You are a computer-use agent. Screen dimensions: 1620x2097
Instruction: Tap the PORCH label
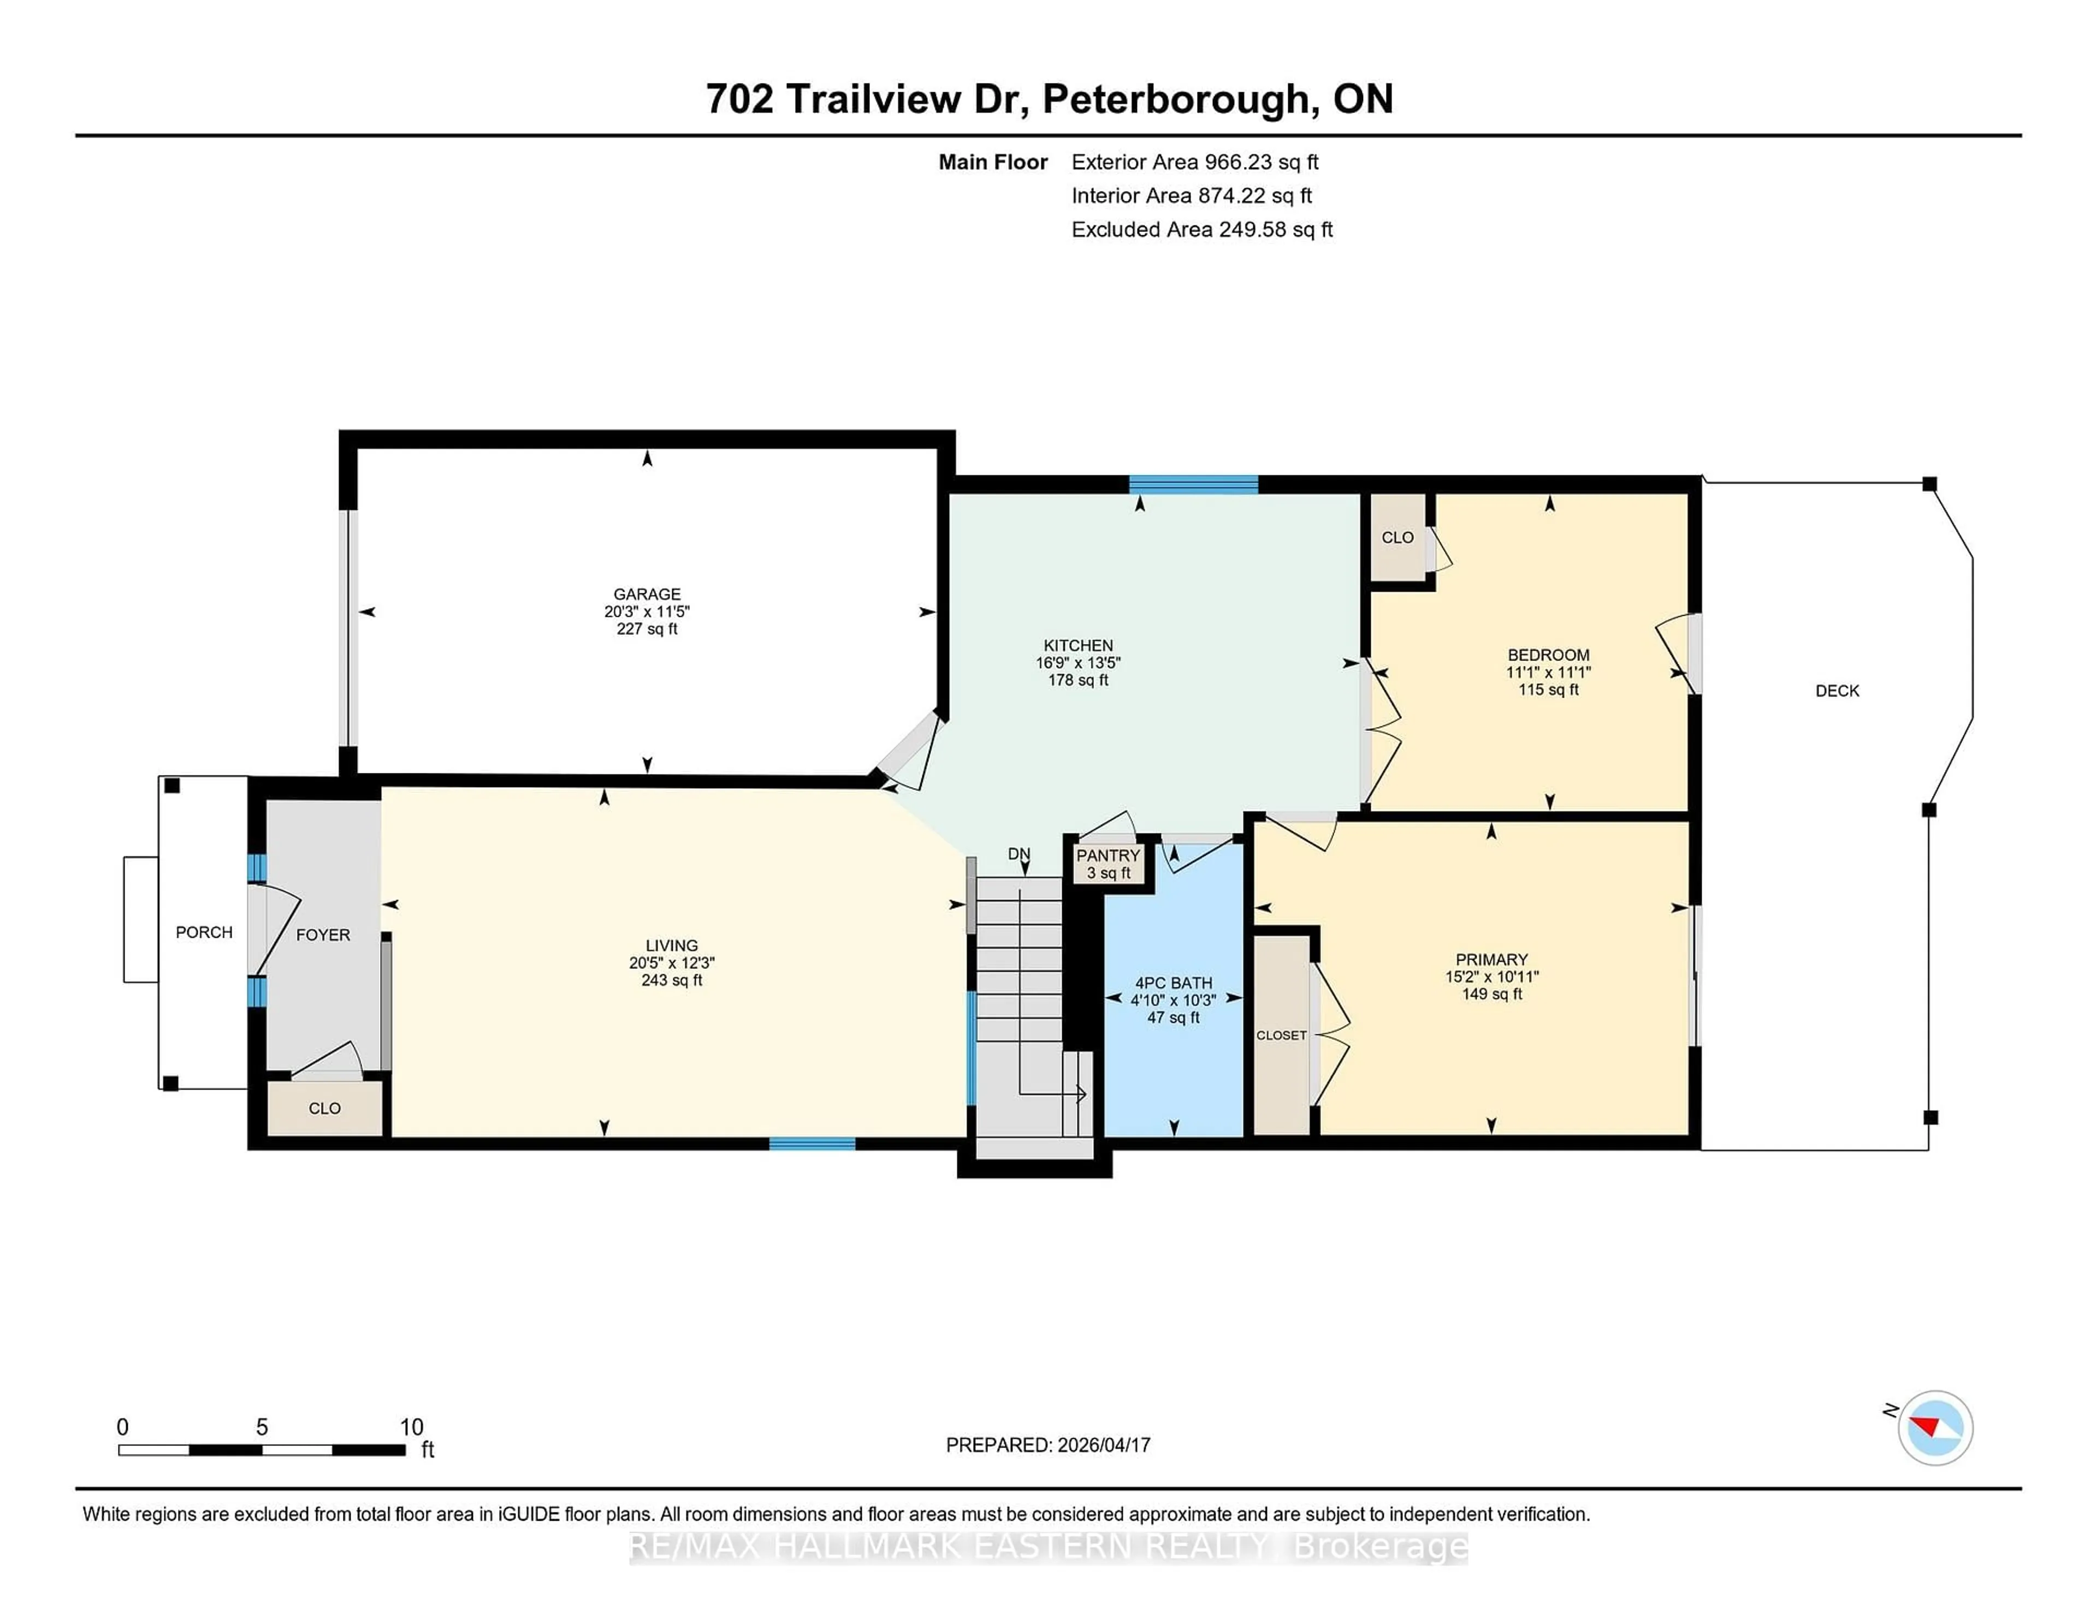(204, 932)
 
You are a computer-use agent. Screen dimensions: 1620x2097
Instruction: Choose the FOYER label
(323, 935)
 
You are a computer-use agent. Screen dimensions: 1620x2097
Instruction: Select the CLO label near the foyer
(324, 1109)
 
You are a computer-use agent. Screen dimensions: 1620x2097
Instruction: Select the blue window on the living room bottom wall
(811, 1143)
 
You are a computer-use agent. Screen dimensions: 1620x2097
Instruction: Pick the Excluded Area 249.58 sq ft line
(1201, 229)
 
